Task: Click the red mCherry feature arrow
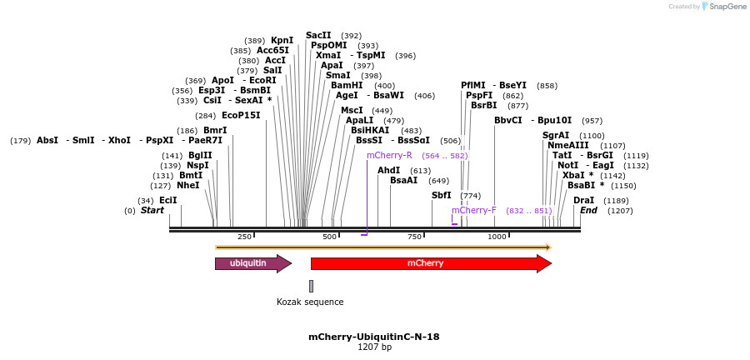(430, 263)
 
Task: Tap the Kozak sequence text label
(310, 302)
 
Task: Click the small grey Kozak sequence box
(311, 286)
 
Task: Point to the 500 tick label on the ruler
(329, 237)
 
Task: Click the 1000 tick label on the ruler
(497, 237)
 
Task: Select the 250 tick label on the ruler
(244, 237)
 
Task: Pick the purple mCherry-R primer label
(389, 155)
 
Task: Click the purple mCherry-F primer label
(473, 210)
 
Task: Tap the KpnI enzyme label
(282, 40)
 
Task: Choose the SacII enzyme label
(318, 35)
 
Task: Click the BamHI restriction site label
(346, 85)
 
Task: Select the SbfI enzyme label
(441, 195)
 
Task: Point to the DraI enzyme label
(583, 200)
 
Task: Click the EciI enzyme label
(167, 200)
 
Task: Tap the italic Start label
(152, 211)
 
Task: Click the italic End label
(588, 211)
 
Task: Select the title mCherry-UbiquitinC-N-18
(374, 337)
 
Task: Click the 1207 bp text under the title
(374, 347)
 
